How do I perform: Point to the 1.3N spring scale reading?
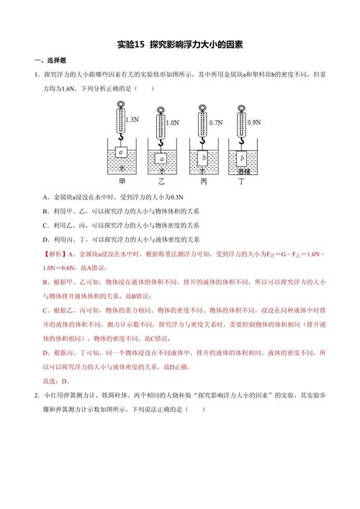[x=132, y=118]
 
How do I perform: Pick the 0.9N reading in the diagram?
[x=253, y=122]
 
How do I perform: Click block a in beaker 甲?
[x=122, y=153]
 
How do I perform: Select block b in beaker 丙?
[x=204, y=157]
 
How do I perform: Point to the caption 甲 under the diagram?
[x=122, y=181]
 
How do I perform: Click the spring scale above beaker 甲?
[x=121, y=119]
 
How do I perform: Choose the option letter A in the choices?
[x=45, y=197]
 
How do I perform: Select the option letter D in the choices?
[x=45, y=239]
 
